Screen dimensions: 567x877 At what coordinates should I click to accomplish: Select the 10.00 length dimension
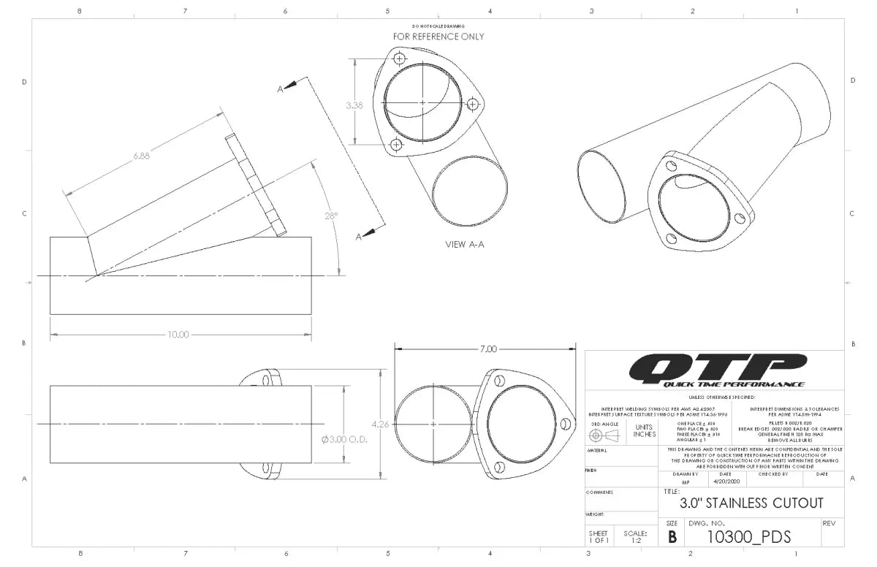(178, 335)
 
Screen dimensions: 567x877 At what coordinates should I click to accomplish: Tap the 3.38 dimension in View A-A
(354, 105)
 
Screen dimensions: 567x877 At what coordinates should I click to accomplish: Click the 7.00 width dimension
(487, 349)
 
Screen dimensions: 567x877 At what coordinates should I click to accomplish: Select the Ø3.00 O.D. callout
(343, 440)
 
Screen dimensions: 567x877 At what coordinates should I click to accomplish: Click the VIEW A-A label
(465, 244)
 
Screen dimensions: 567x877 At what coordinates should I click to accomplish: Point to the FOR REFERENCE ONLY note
(438, 37)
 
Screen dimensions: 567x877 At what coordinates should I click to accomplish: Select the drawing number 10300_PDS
(749, 537)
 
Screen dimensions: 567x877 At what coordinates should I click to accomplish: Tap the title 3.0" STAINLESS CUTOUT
(751, 503)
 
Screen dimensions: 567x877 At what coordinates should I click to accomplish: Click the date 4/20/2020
(725, 482)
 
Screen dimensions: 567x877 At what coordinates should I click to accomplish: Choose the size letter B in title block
(672, 537)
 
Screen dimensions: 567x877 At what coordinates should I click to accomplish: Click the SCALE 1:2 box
(635, 536)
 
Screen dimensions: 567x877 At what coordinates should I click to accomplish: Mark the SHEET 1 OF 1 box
(598, 536)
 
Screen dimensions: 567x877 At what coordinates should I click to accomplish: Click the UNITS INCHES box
(644, 431)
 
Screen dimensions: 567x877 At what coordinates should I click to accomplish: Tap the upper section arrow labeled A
(288, 87)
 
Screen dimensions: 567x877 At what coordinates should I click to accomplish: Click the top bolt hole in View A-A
(399, 58)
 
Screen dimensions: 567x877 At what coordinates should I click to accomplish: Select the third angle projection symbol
(603, 435)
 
